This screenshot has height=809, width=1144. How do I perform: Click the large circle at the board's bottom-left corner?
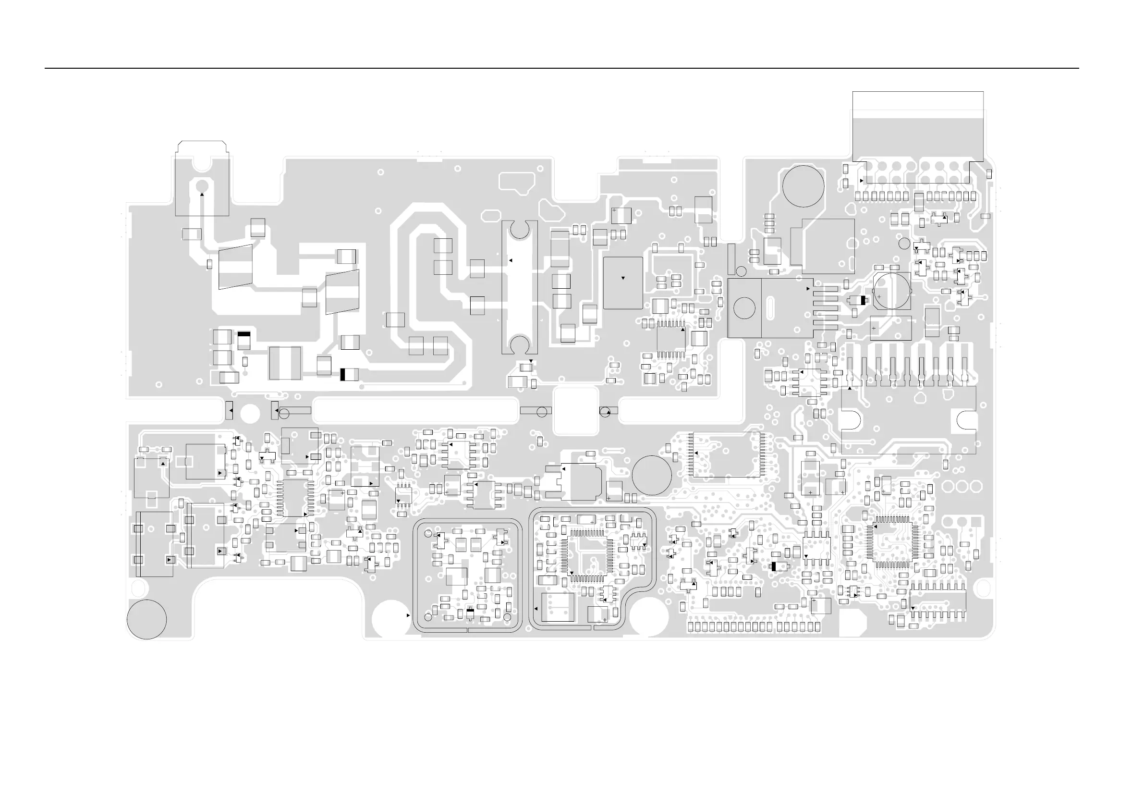click(x=146, y=619)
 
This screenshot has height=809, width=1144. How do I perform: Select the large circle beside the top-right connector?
click(x=803, y=186)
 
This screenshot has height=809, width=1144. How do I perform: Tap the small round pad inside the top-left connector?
click(x=202, y=185)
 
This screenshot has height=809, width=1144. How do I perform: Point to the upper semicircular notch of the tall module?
click(x=519, y=230)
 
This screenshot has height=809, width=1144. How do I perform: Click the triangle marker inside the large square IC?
click(x=623, y=278)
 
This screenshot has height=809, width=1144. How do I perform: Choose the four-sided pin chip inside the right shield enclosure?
click(x=585, y=553)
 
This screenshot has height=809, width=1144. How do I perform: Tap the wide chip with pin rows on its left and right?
click(x=727, y=454)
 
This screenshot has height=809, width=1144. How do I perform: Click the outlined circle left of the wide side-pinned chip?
click(x=651, y=475)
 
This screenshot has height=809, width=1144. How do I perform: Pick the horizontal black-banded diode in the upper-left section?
click(x=349, y=374)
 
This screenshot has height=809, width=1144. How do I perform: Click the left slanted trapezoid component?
click(x=235, y=267)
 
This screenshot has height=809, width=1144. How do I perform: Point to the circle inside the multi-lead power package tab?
click(x=744, y=308)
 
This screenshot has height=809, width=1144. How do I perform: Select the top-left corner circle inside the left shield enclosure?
click(x=427, y=534)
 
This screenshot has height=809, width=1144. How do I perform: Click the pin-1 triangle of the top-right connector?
click(x=862, y=181)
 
